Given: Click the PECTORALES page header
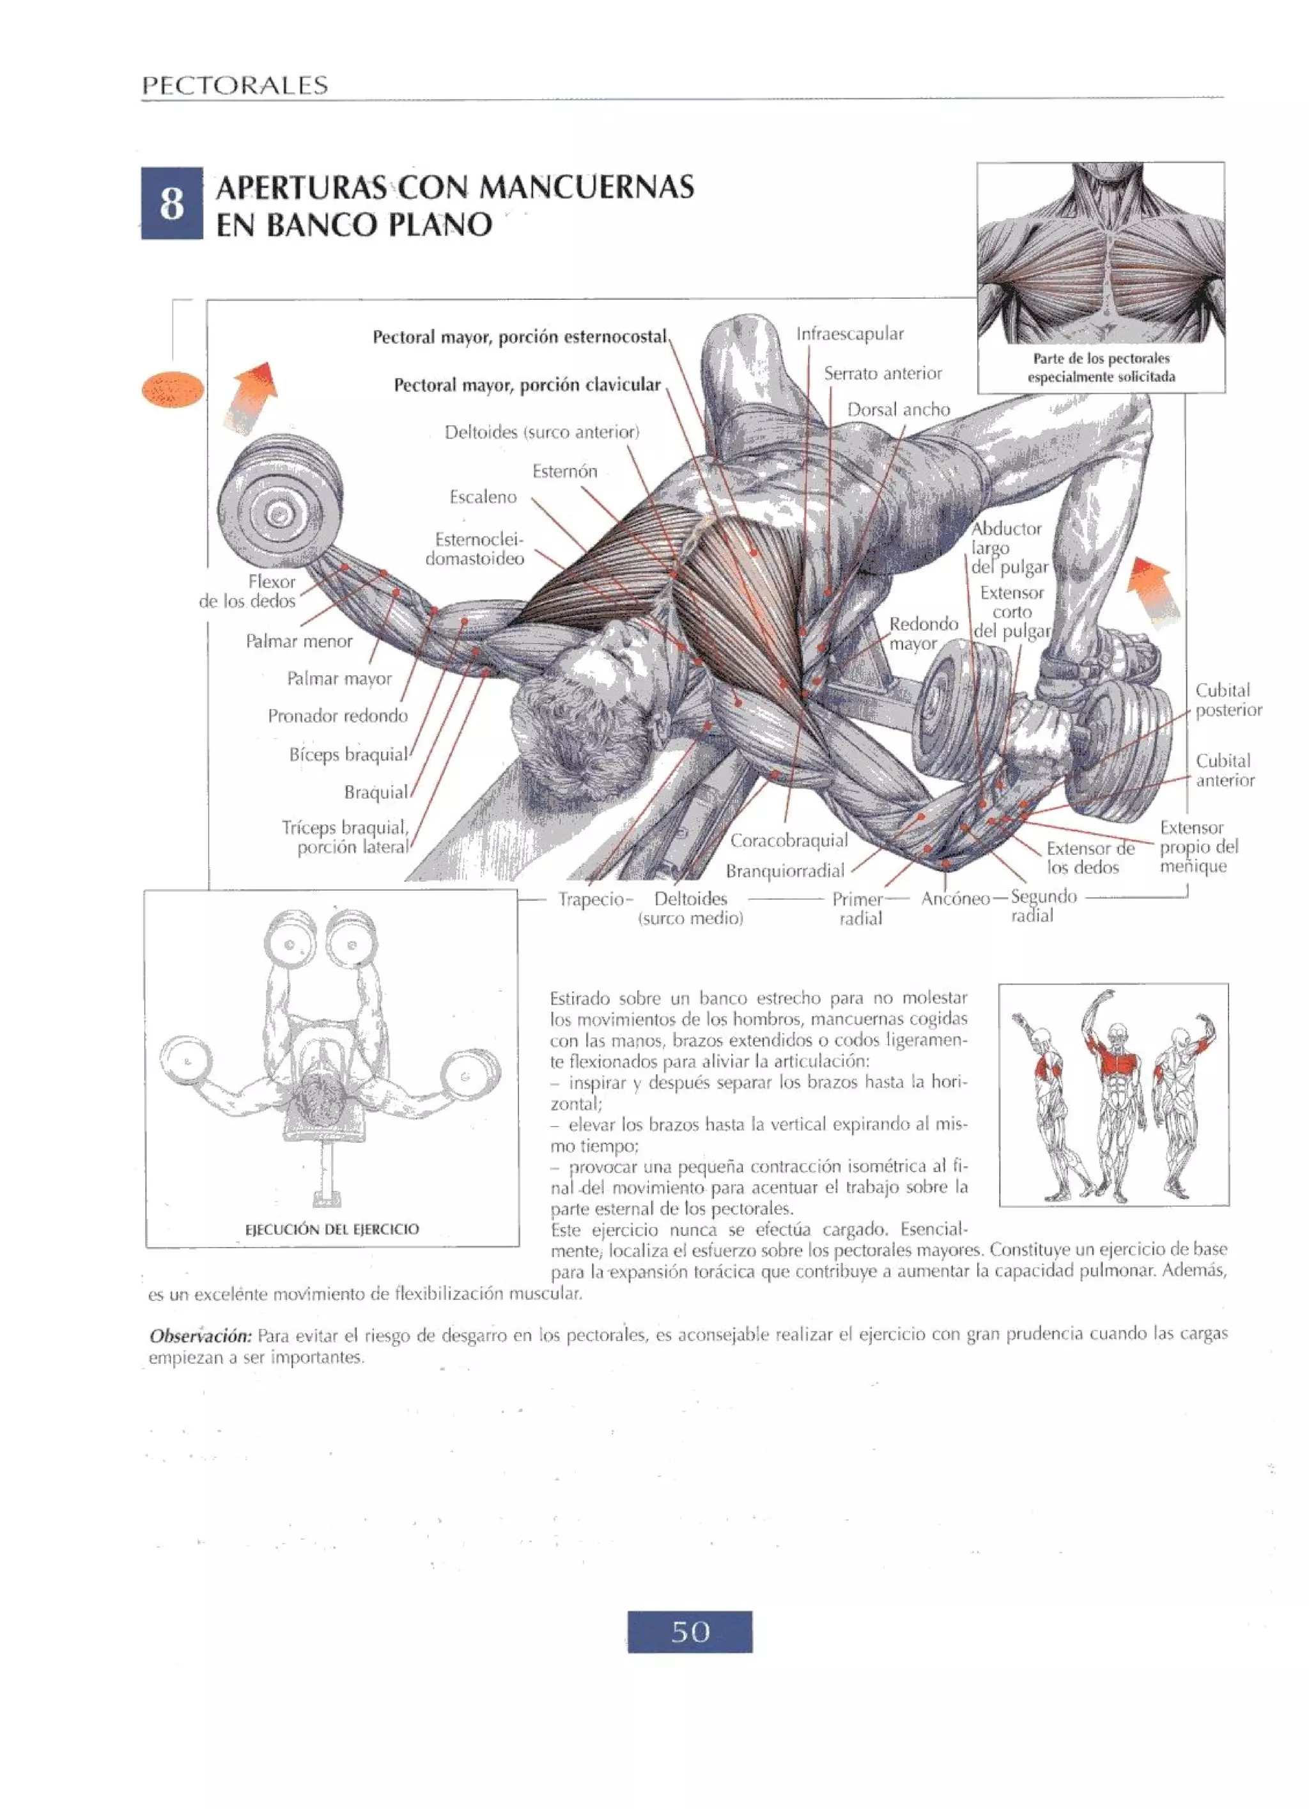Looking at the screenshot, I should pos(235,85).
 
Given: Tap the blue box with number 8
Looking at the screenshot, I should pos(171,203).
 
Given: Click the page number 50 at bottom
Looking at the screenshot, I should pos(690,1632).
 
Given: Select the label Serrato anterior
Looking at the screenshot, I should pos(883,373).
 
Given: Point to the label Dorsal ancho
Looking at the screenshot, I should pos(899,410).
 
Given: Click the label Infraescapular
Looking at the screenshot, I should pos(850,334).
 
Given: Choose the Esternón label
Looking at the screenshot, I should pos(564,471).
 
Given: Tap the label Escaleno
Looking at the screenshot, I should pos(483,497).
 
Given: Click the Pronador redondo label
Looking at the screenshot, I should pos(337,716).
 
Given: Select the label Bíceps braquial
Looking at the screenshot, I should pos(348,755).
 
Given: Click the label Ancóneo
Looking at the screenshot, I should pos(955,899).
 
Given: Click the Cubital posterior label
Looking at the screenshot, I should pos(1228,700).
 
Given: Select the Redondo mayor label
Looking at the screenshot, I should pos(923,633).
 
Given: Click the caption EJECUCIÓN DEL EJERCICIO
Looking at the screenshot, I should pos(332,1229).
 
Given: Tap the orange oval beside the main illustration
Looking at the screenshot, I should pos(172,390).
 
